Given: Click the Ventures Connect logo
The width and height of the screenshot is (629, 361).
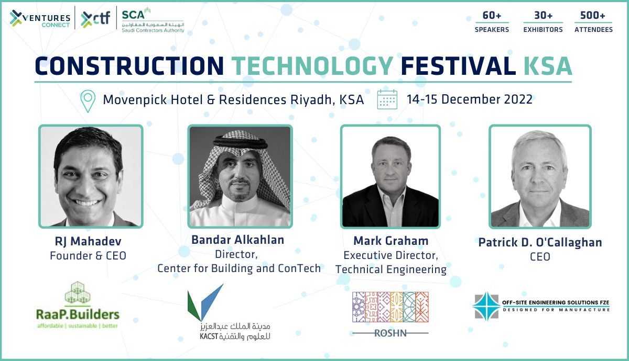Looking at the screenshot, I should (40, 19).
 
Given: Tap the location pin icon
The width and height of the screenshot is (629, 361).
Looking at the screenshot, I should (88, 101).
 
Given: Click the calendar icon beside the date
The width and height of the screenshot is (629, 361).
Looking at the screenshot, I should (387, 99).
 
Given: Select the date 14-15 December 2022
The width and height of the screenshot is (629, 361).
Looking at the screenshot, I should (470, 99).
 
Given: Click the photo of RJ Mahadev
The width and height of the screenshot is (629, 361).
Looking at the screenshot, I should (91, 176).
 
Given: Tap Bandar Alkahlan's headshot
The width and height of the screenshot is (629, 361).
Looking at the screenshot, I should (240, 176).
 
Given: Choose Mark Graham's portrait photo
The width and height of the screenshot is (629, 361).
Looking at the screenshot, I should (391, 176).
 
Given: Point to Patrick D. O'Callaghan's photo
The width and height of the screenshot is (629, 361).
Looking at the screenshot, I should (540, 176).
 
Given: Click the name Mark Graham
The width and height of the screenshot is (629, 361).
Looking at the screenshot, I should (391, 241).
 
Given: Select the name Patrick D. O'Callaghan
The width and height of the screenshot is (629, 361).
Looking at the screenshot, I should (540, 243).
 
